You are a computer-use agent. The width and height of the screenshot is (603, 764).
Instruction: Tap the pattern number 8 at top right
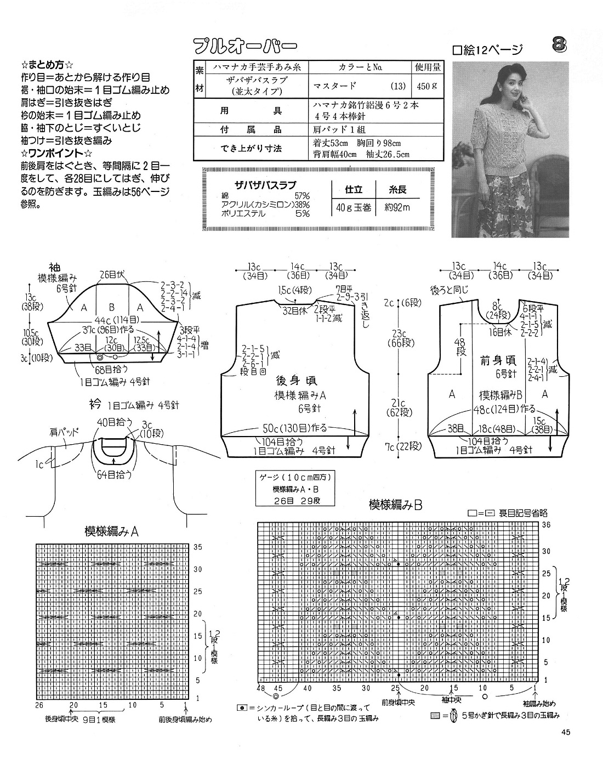coord(558,44)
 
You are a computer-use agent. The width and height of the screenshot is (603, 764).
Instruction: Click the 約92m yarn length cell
coord(398,207)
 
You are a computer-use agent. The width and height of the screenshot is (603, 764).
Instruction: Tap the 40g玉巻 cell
coord(353,207)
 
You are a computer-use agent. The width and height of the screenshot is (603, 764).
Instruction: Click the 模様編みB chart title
coord(395,505)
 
